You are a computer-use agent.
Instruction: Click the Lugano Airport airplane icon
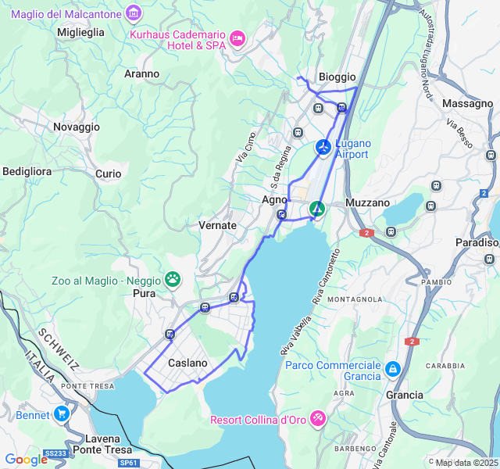(323, 146)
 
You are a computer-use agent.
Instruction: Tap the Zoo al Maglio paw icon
(172, 279)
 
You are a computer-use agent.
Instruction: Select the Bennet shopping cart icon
(62, 414)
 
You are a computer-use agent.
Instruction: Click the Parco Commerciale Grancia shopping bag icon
(392, 367)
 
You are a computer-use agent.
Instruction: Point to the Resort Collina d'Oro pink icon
(318, 419)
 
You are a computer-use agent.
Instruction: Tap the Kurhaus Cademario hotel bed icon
(237, 38)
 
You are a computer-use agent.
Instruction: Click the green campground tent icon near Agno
(316, 209)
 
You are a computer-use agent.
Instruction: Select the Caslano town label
(187, 363)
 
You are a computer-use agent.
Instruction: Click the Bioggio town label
(337, 77)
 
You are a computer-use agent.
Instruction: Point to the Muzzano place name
(367, 202)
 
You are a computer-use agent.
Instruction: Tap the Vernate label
(217, 225)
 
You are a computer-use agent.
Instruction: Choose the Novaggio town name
(77, 127)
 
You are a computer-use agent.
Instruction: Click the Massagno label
(467, 103)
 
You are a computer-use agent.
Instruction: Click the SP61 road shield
(129, 463)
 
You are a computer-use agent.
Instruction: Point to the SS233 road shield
(55, 453)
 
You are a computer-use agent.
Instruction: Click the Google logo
(26, 460)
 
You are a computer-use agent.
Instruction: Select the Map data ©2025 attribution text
(466, 463)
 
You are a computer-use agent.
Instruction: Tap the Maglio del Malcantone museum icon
(134, 13)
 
